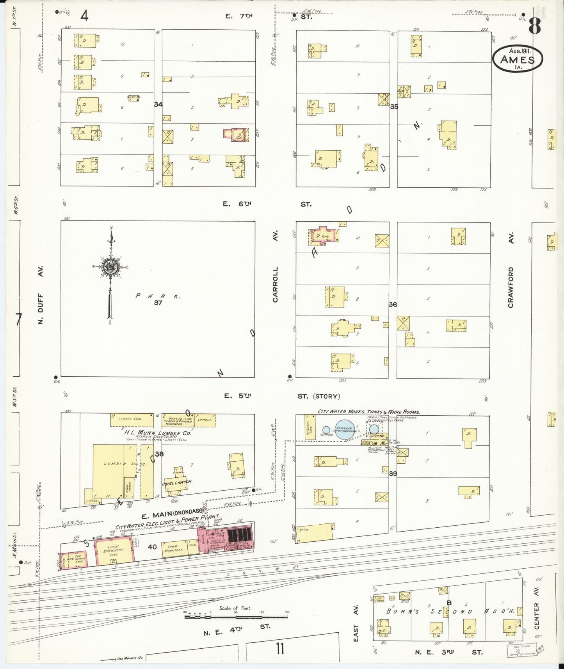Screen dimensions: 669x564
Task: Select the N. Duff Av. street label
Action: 40,295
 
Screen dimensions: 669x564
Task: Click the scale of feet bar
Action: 236,616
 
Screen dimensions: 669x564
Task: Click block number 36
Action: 393,304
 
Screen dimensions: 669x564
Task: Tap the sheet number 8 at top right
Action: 535,27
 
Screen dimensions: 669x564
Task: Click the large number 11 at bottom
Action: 279,649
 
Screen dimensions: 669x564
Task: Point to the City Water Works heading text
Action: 368,411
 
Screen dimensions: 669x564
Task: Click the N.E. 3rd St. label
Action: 449,652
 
